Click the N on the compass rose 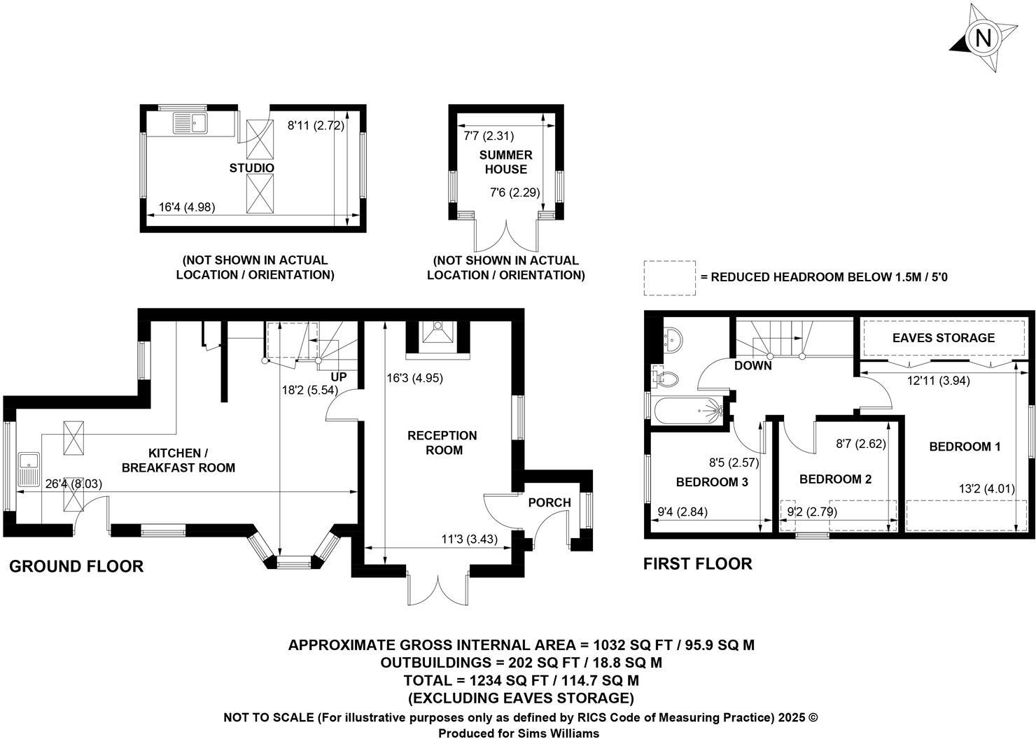[x=983, y=38]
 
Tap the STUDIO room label [x=252, y=168]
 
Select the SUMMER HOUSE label [x=506, y=162]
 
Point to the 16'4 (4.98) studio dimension [x=187, y=206]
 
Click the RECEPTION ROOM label [x=442, y=442]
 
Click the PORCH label [x=549, y=502]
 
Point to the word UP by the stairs [x=339, y=377]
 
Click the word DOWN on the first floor [x=753, y=365]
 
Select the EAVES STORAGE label [x=943, y=338]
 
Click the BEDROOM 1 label [x=965, y=446]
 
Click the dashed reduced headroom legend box [x=669, y=278]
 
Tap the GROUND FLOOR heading [x=76, y=566]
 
